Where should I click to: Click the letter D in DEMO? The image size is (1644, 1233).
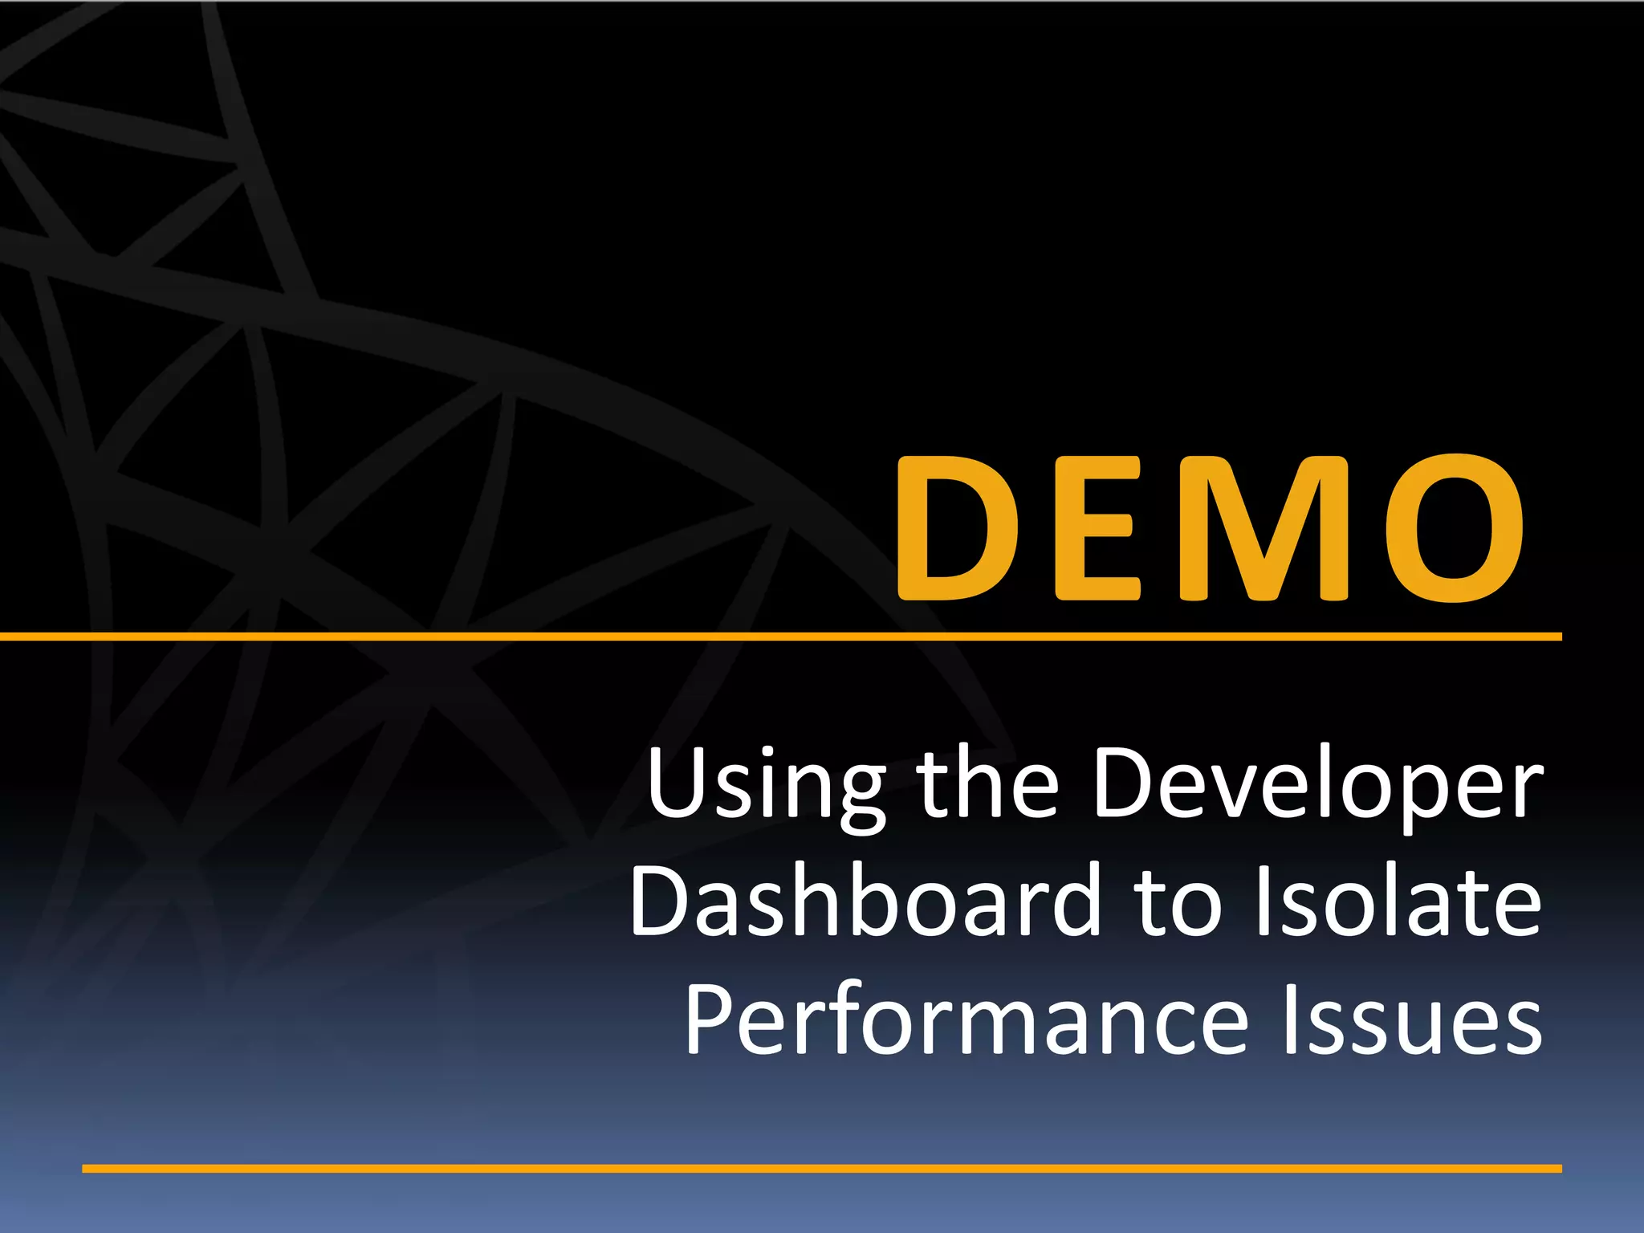(955, 527)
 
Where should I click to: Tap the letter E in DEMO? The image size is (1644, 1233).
(1096, 527)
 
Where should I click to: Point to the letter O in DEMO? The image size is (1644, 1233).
(1455, 527)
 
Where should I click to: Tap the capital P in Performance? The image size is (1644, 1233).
(710, 1018)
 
